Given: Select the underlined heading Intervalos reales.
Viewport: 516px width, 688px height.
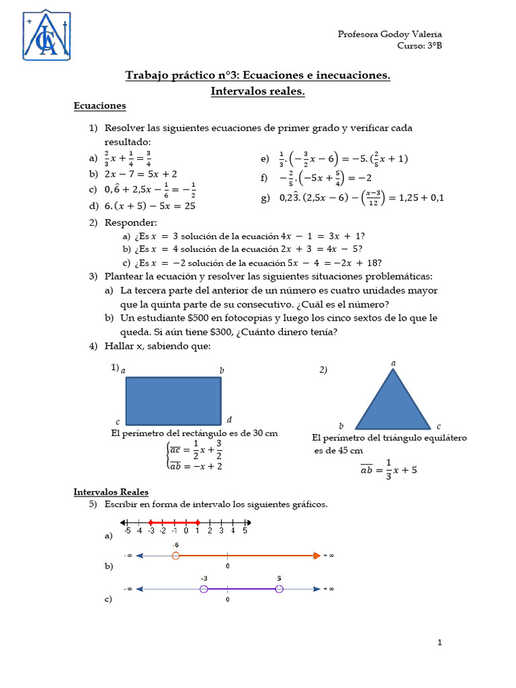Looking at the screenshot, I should coord(257,91).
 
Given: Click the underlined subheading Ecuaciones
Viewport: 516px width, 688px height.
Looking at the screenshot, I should coord(99,105).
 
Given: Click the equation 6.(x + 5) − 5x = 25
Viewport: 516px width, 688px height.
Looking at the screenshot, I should coord(150,206).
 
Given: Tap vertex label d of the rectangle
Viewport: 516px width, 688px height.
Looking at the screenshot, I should coord(229,419).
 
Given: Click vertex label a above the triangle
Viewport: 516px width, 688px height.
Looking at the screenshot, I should coord(393,363).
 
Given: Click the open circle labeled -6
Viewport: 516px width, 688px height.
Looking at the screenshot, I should coord(175,556).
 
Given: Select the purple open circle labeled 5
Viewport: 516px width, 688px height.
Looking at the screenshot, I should coord(279,589).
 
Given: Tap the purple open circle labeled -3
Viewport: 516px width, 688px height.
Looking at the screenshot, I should coord(204,589).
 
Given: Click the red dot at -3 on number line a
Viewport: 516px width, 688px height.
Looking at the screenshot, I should coord(150,522).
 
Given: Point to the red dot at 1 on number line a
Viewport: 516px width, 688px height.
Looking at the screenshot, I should coord(198,522).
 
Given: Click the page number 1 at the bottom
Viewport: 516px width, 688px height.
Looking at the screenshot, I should coord(439,643).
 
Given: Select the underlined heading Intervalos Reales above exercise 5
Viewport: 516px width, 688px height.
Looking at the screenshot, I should coord(111,492).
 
